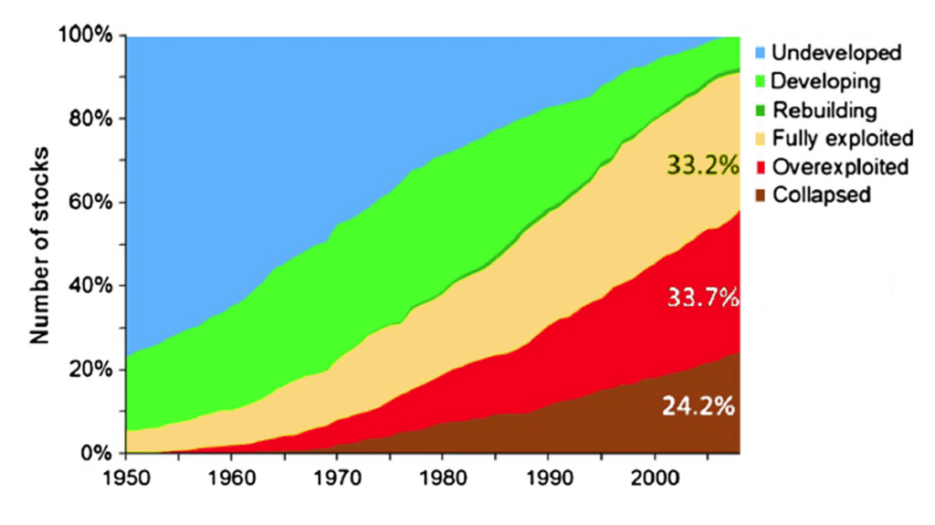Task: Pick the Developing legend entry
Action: point(826,81)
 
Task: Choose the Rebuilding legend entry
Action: point(825,110)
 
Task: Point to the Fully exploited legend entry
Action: point(842,139)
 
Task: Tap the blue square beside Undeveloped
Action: point(760,53)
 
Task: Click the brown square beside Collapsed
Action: point(760,195)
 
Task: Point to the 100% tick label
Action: point(88,36)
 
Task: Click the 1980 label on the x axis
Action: point(443,477)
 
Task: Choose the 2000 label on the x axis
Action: point(653,477)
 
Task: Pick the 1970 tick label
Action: point(338,477)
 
